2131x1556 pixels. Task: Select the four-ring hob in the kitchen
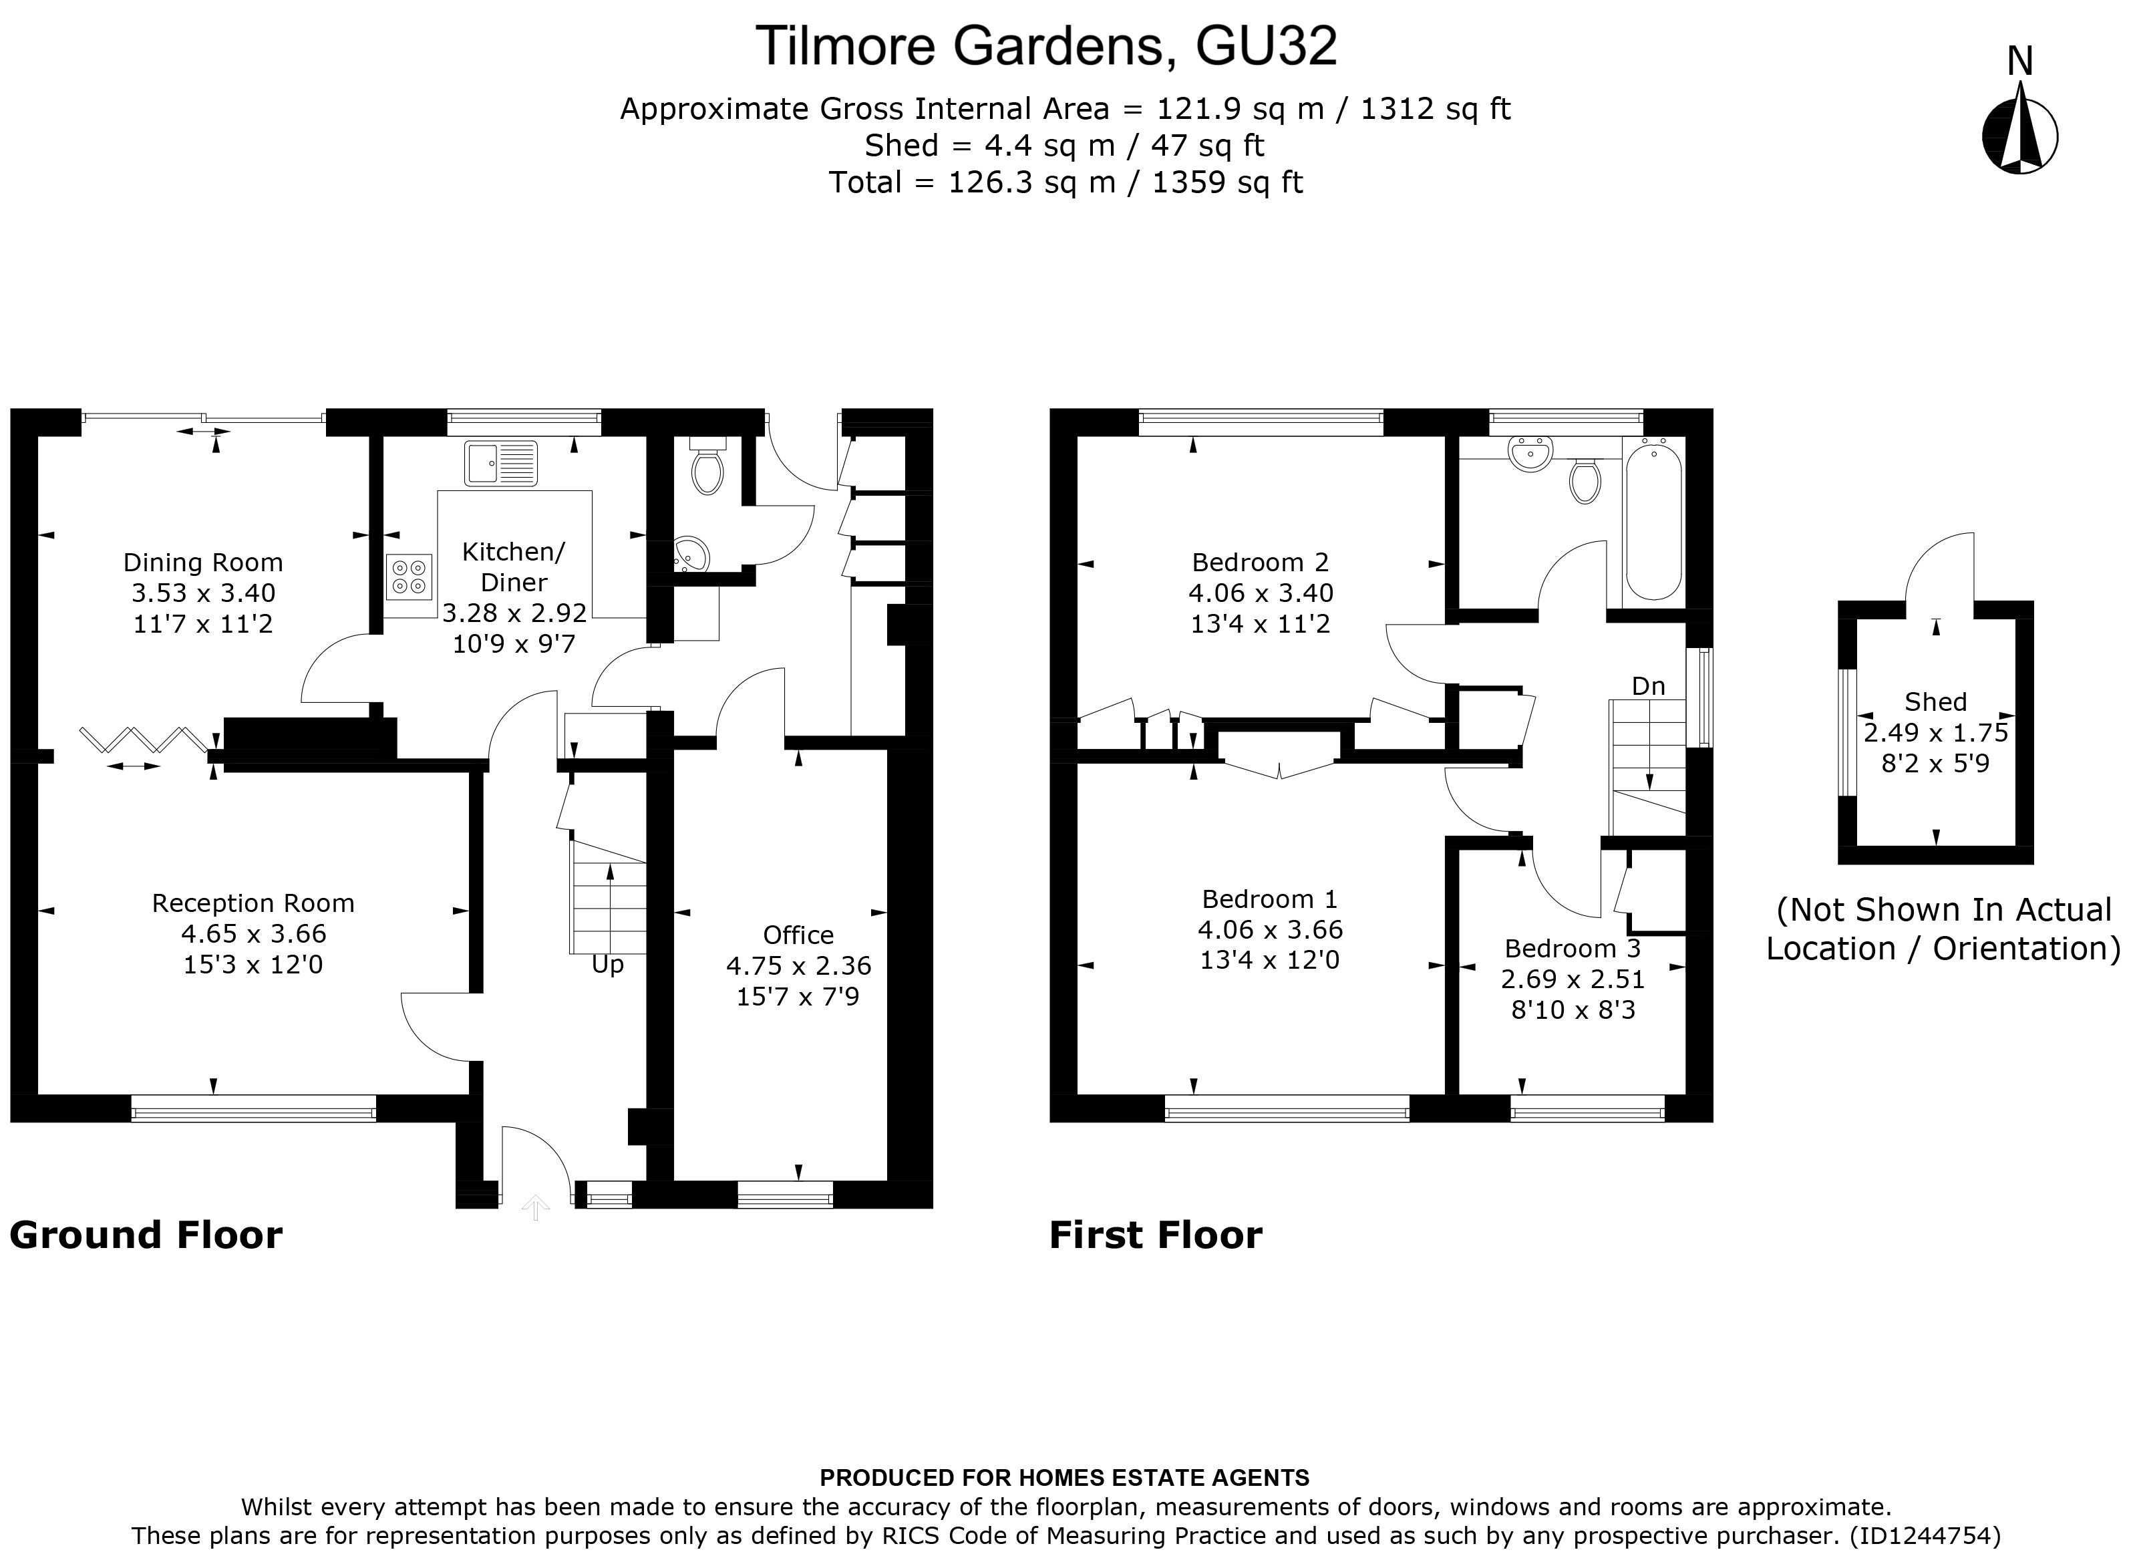click(x=409, y=577)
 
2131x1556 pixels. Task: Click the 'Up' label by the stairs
click(x=607, y=965)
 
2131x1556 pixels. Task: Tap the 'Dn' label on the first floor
click(x=1648, y=687)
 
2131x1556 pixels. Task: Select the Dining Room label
click(x=202, y=563)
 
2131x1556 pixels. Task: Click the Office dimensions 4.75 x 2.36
click(x=798, y=966)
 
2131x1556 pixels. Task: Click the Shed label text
click(x=1935, y=702)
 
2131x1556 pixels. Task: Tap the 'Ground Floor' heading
click(x=146, y=1236)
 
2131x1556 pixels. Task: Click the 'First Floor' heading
click(x=1156, y=1236)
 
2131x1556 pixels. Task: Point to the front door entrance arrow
click(x=535, y=1207)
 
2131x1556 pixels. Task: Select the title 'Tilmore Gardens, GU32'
click(x=1045, y=46)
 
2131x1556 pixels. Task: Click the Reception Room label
click(x=253, y=904)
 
